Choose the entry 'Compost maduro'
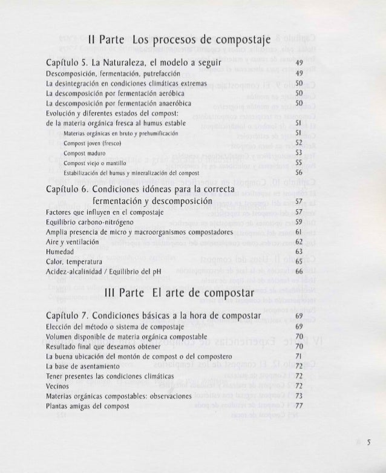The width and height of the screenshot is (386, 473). click(x=85, y=153)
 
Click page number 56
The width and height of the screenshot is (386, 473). click(x=298, y=172)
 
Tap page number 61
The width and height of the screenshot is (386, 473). click(x=298, y=232)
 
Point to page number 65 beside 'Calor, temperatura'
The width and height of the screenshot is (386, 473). click(x=298, y=261)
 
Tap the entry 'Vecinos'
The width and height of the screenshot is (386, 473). click(x=57, y=386)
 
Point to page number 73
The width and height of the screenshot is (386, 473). click(x=298, y=396)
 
